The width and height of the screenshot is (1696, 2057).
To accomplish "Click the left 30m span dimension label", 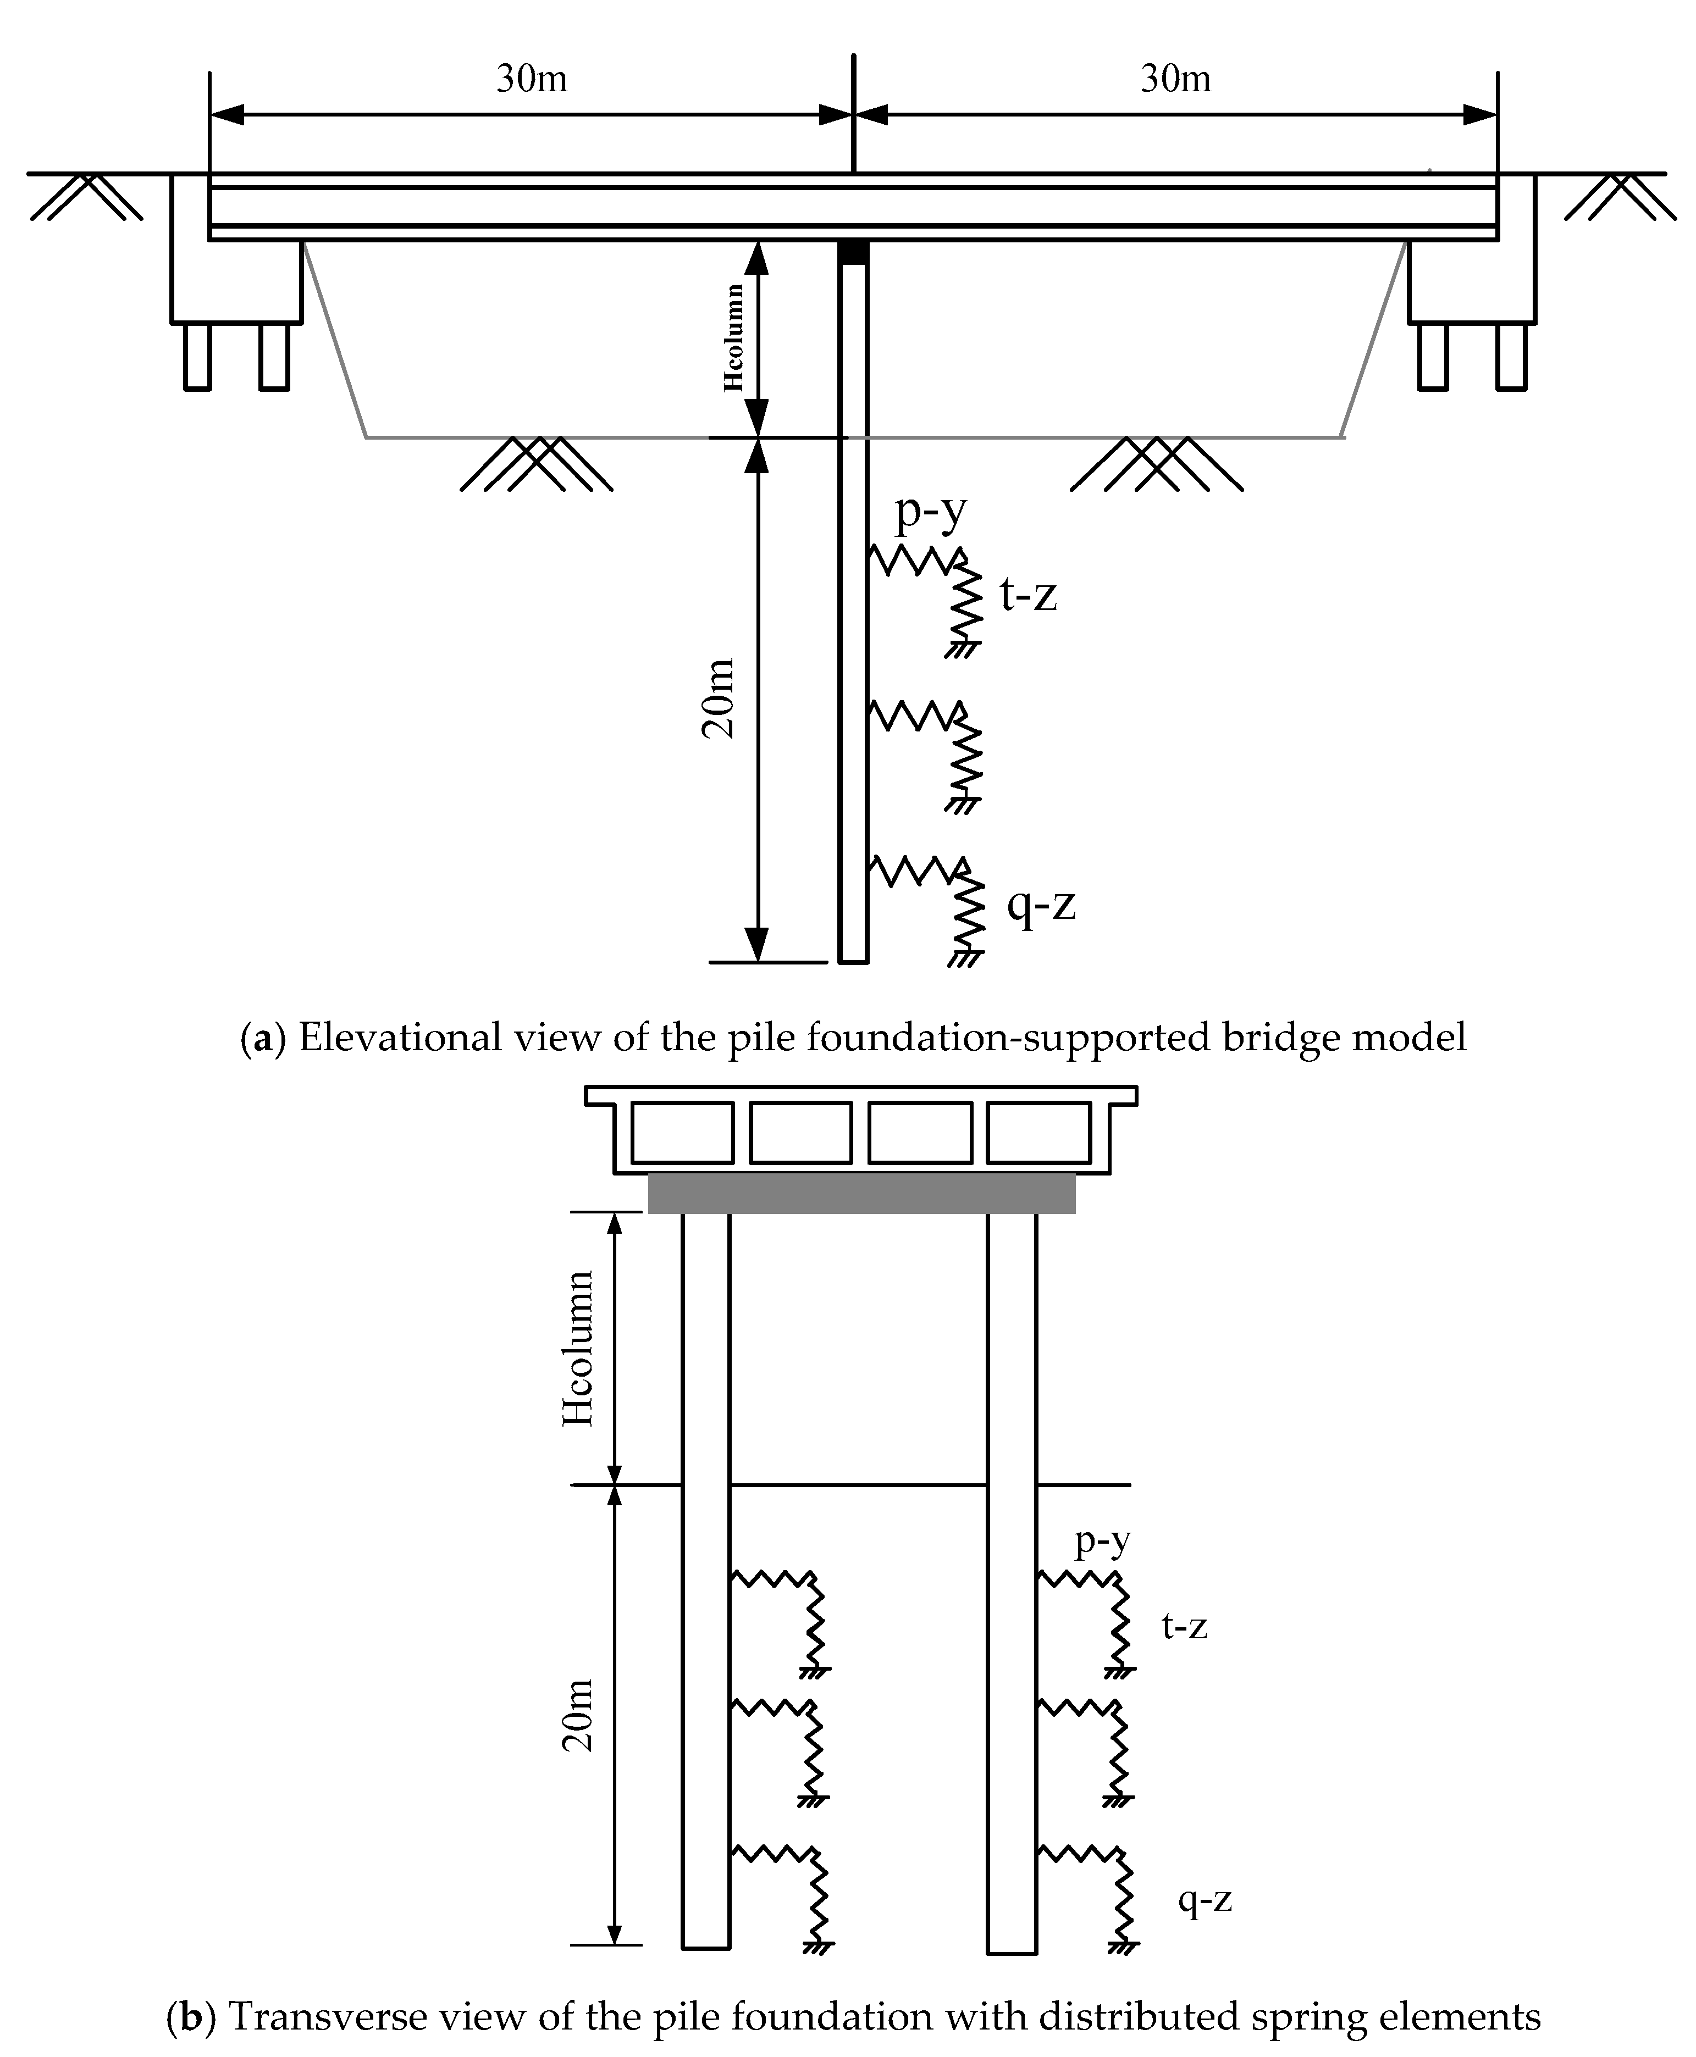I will click(x=532, y=78).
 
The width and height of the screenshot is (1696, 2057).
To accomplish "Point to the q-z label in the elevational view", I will click(x=1041, y=905).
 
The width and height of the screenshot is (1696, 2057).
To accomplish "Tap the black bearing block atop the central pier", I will click(x=853, y=253).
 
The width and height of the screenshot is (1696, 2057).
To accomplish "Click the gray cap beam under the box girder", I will click(x=861, y=1193).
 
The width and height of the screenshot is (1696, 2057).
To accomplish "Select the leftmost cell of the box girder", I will click(x=682, y=1132).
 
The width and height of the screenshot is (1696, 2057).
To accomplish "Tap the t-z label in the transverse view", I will click(x=1184, y=1626).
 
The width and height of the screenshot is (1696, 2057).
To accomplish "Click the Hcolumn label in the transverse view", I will click(x=578, y=1349).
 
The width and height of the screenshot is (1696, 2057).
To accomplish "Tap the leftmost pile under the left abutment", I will click(x=197, y=357).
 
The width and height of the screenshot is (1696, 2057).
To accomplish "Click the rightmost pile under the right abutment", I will click(x=1511, y=357).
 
